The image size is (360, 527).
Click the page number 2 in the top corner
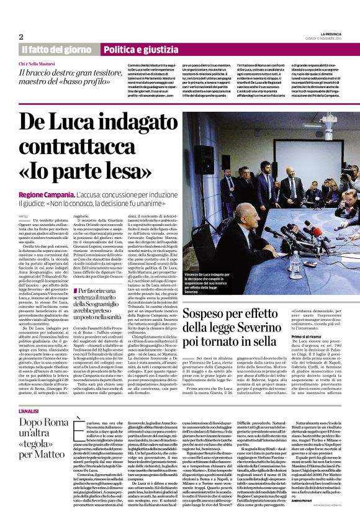pyautogui.click(x=21, y=37)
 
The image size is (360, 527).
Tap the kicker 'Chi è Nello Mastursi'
pyautogui.click(x=39, y=65)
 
